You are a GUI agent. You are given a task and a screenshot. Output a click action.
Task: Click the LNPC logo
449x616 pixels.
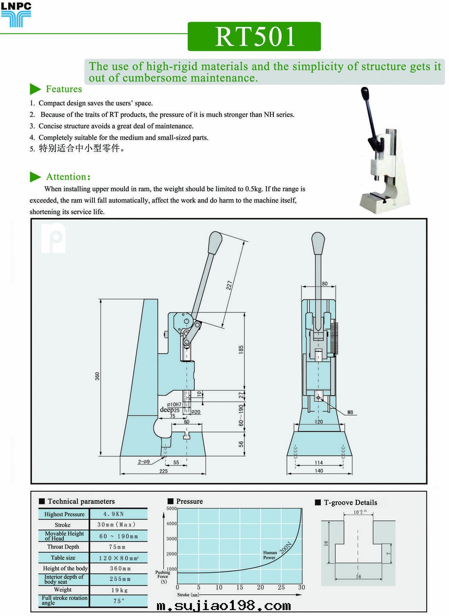pyautogui.click(x=16, y=15)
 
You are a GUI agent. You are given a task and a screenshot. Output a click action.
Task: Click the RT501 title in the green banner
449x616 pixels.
pyautogui.click(x=254, y=37)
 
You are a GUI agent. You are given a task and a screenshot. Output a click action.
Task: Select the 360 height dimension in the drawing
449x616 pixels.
pyautogui.click(x=97, y=376)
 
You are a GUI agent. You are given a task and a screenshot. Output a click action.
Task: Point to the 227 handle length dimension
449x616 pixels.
pyautogui.click(x=229, y=285)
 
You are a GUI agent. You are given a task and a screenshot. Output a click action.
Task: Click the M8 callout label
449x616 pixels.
pyautogui.click(x=350, y=412)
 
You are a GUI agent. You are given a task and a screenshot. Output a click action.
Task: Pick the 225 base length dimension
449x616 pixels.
pyautogui.click(x=163, y=471)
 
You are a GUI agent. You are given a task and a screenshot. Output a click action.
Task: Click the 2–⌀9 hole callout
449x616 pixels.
pyautogui.click(x=144, y=462)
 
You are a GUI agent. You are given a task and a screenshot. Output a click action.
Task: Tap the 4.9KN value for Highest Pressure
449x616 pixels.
pyautogui.click(x=114, y=514)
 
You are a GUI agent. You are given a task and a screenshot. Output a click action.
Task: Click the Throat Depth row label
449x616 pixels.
pyautogui.click(x=63, y=547)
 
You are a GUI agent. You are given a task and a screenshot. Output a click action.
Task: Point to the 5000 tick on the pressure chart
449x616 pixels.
pyautogui.click(x=172, y=509)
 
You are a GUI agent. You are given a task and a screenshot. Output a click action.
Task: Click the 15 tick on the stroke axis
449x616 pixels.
pyautogui.click(x=240, y=587)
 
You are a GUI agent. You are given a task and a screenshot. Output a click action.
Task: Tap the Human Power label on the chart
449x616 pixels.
pyautogui.click(x=270, y=555)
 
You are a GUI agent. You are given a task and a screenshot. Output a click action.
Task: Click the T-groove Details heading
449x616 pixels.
pyautogui.click(x=350, y=502)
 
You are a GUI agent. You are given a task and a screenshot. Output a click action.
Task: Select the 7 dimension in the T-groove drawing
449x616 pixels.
pyautogui.click(x=388, y=554)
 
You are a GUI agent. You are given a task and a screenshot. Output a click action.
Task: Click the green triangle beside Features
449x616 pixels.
pyautogui.click(x=35, y=89)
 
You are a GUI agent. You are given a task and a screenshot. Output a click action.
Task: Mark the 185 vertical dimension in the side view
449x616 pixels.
pyautogui.click(x=241, y=349)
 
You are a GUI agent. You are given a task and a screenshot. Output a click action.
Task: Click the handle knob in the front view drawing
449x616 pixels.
pyautogui.click(x=318, y=243)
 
